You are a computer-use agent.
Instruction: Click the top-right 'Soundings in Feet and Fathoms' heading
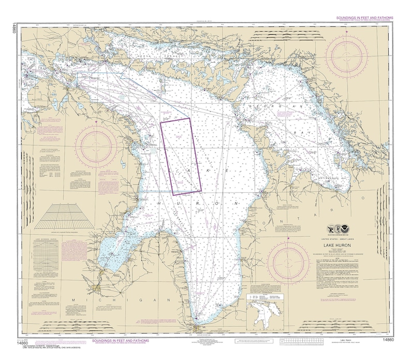point(357,18)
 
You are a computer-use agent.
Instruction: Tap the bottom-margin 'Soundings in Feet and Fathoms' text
point(120,341)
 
